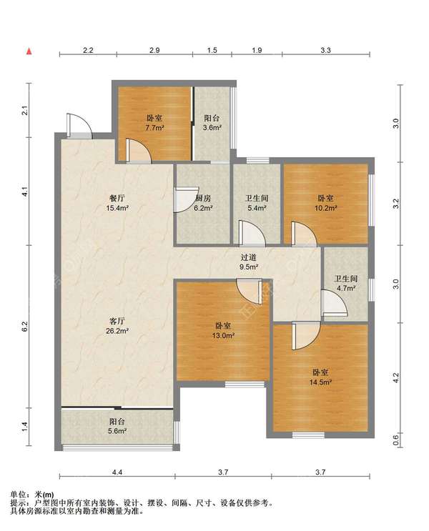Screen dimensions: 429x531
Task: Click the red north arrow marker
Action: [29, 51]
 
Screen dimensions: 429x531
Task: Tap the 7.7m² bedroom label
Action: [154, 123]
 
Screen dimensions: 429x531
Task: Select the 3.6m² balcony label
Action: [212, 123]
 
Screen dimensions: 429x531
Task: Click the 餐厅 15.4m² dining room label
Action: [117, 203]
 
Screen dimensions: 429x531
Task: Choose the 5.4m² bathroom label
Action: [257, 203]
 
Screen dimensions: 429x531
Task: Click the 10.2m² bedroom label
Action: [325, 203]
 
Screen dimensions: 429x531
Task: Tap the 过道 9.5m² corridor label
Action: [249, 262]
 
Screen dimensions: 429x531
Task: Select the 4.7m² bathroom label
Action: [345, 284]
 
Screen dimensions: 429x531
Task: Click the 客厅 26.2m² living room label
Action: [117, 326]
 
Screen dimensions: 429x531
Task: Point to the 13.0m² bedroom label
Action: [223, 330]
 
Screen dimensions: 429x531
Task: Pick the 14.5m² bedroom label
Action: [320, 377]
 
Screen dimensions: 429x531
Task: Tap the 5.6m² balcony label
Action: [117, 427]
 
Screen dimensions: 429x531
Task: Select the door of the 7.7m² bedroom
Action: [139, 151]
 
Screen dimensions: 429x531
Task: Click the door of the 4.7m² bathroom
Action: [334, 303]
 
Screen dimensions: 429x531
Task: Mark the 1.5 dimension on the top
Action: [212, 51]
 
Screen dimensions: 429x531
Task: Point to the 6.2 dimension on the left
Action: [24, 326]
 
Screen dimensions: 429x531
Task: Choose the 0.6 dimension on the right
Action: [396, 440]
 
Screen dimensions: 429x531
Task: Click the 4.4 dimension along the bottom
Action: [117, 472]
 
